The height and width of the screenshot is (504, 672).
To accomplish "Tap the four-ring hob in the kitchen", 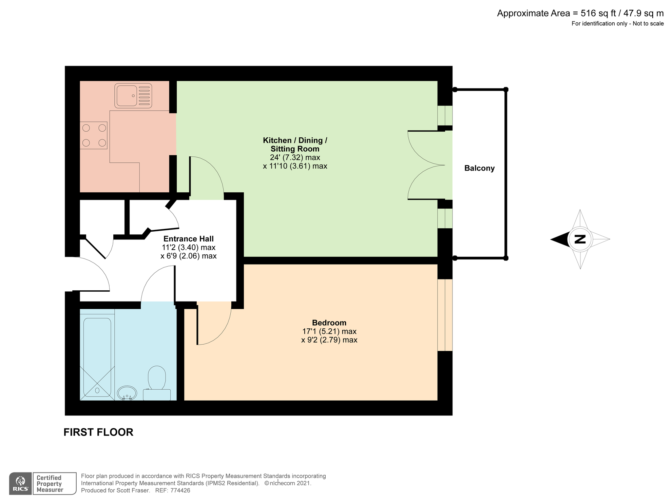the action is [94, 135].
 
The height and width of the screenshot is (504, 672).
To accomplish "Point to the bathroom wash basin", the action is [127, 393].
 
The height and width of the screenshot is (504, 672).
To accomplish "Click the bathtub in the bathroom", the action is [97, 356].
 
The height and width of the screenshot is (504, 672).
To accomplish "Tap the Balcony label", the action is [479, 168].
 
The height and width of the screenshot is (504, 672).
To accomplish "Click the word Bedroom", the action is [329, 323].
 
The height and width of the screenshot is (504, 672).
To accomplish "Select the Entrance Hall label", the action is [188, 239].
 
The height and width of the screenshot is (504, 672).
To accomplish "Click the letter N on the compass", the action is [580, 239].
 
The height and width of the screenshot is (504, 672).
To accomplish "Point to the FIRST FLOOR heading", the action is [98, 432].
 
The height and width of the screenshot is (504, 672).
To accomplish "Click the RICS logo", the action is [21, 483].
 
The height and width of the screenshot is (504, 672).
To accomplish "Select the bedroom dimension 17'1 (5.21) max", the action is [329, 331].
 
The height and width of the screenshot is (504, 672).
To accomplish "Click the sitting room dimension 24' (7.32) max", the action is [295, 157].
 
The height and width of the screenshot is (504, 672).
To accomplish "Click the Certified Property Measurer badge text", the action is [50, 484].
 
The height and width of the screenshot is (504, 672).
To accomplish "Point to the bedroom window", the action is [445, 315].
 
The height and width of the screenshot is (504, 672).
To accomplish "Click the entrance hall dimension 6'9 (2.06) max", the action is [188, 256].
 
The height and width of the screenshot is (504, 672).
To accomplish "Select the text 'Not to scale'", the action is [648, 23].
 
